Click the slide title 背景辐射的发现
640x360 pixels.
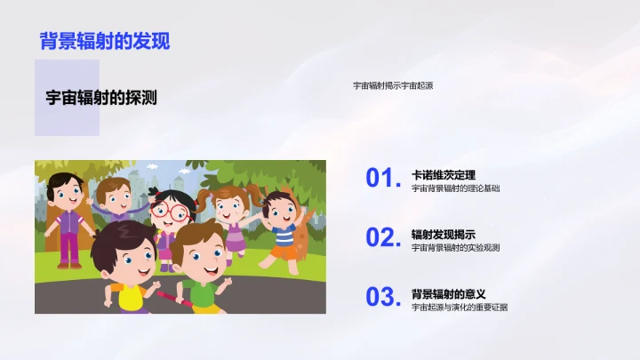pos(105,41)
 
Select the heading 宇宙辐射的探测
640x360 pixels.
pos(101,99)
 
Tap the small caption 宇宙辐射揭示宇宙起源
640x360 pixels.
pos(392,85)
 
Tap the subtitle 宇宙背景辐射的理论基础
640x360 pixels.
pos(455,188)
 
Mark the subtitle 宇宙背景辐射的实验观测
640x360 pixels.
pos(455,248)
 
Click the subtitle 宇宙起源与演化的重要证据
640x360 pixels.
pos(460,308)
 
